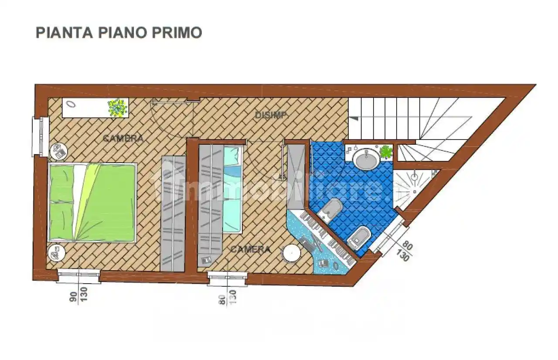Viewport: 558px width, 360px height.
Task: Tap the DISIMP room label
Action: (x=271, y=115)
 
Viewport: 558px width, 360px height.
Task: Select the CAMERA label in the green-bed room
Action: (x=123, y=139)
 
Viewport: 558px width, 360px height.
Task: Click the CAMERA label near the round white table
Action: (x=250, y=249)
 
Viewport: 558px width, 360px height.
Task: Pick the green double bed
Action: (x=92, y=202)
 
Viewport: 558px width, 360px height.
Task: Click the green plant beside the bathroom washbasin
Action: (x=386, y=152)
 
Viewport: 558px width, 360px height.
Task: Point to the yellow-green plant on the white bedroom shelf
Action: (x=118, y=108)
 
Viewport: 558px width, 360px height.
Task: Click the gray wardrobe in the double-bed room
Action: (x=174, y=214)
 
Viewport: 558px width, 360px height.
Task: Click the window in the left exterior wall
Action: (x=39, y=136)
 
